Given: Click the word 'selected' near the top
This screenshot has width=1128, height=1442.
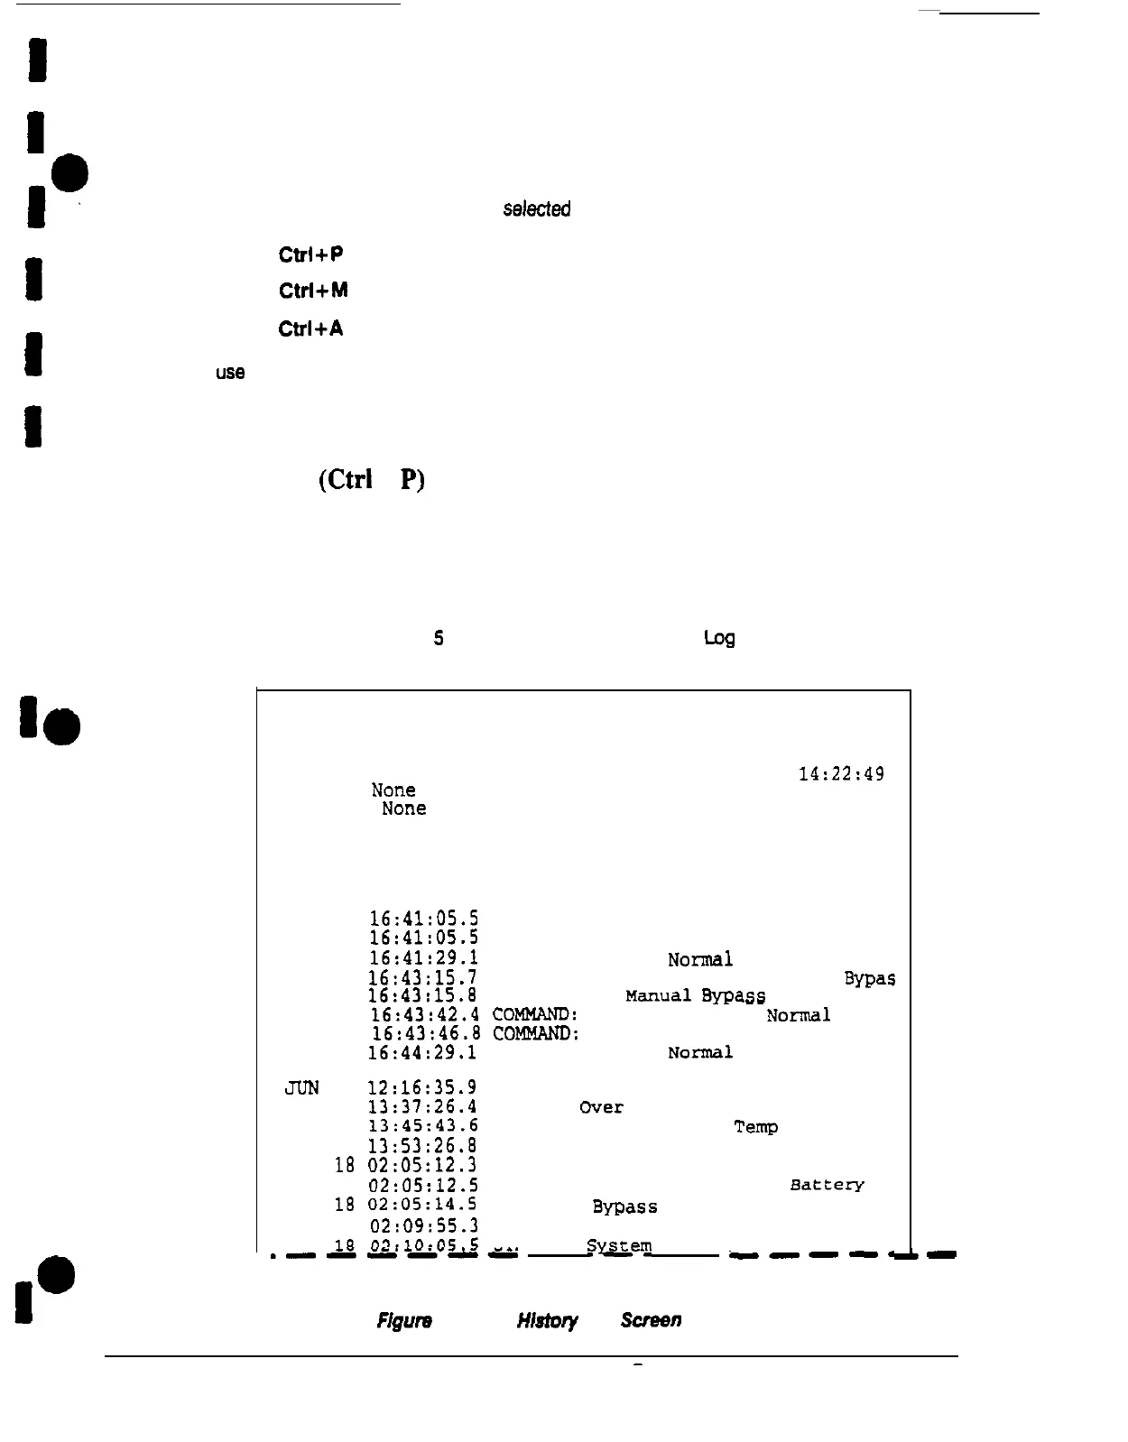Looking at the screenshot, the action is click(536, 209).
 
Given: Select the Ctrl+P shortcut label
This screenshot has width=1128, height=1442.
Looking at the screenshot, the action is click(310, 254).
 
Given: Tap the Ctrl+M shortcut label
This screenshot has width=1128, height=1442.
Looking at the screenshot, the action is click(312, 291).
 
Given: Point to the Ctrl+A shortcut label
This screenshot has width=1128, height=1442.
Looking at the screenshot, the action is click(310, 328).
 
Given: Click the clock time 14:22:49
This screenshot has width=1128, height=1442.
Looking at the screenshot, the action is click(841, 774).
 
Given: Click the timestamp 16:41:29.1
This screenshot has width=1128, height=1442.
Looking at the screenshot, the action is click(423, 958).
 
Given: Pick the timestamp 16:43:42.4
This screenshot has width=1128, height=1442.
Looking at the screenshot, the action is click(424, 1015).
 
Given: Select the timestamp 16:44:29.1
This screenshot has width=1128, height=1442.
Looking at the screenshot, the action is click(422, 1053).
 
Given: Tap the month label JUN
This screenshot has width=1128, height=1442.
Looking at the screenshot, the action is click(301, 1088).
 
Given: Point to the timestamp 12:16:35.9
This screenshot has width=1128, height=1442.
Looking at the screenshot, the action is click(422, 1088).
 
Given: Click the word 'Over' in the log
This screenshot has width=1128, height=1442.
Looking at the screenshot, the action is click(601, 1107).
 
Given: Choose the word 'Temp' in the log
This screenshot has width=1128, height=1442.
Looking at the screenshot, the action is click(755, 1127).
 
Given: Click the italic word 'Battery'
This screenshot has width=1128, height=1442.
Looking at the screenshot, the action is click(827, 1185).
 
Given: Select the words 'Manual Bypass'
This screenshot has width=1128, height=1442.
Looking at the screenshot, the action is click(695, 996).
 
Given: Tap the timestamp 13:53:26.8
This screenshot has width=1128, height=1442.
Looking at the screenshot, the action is click(422, 1146).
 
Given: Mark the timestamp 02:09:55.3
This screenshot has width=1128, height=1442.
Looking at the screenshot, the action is click(423, 1225).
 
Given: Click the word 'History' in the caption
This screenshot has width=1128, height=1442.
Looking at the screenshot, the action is click(547, 1321).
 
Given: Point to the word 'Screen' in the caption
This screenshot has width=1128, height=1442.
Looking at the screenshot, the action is click(651, 1320).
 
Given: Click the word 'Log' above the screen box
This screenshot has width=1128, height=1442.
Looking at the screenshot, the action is click(719, 639).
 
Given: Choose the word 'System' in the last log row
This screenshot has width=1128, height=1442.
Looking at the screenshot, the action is click(618, 1246).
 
